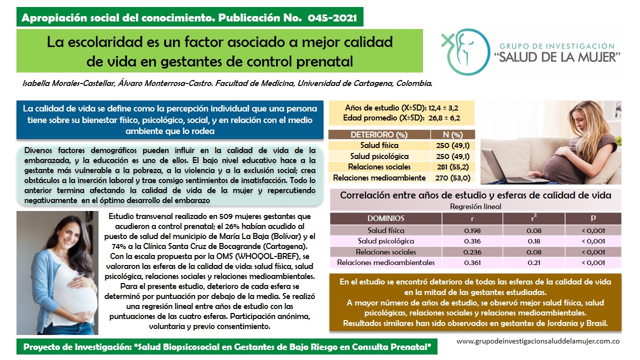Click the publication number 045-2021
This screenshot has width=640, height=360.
333,18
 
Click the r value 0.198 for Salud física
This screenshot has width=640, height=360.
472,230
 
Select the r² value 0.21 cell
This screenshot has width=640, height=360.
533,262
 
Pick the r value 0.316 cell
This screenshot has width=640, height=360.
472,241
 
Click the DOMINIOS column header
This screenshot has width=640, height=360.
385,218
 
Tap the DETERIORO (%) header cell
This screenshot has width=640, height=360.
379,134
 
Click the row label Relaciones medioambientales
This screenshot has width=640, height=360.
385,262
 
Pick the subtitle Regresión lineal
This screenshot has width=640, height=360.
475,206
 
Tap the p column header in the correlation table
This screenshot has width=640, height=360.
593,218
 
